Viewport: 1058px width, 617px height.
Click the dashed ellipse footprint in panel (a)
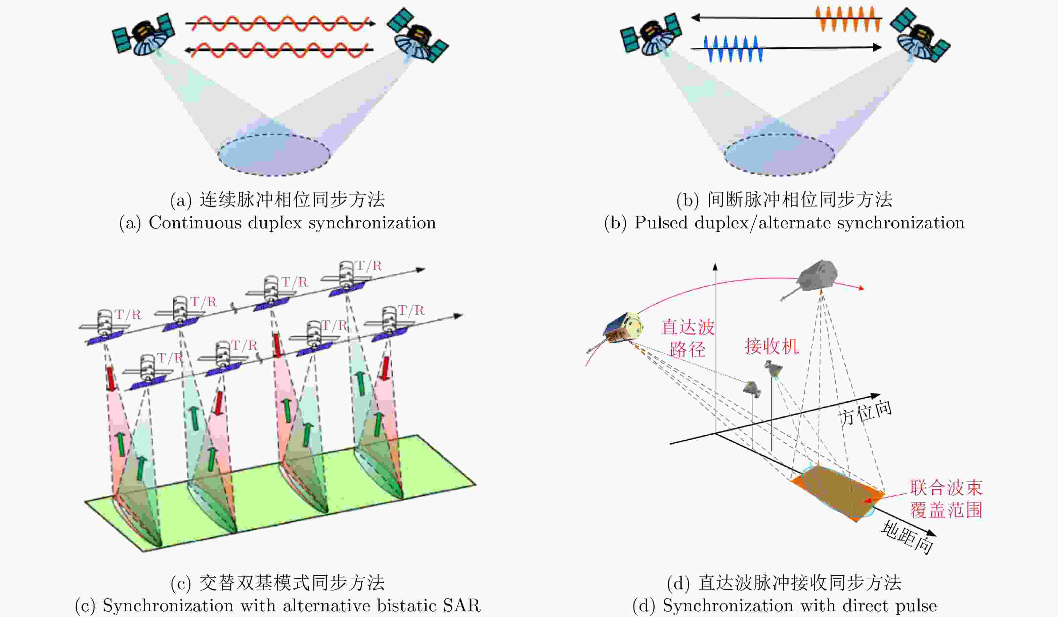pyautogui.click(x=274, y=155)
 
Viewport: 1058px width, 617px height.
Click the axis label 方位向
pyautogui.click(x=865, y=413)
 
